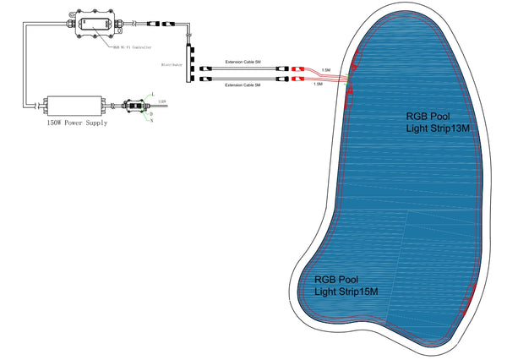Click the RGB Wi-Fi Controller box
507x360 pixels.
tap(95, 23)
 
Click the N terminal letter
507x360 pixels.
tap(151, 121)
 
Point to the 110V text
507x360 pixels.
tap(161, 101)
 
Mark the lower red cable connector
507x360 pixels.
tap(298, 79)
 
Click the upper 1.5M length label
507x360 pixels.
tap(326, 70)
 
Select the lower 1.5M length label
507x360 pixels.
tap(318, 85)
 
